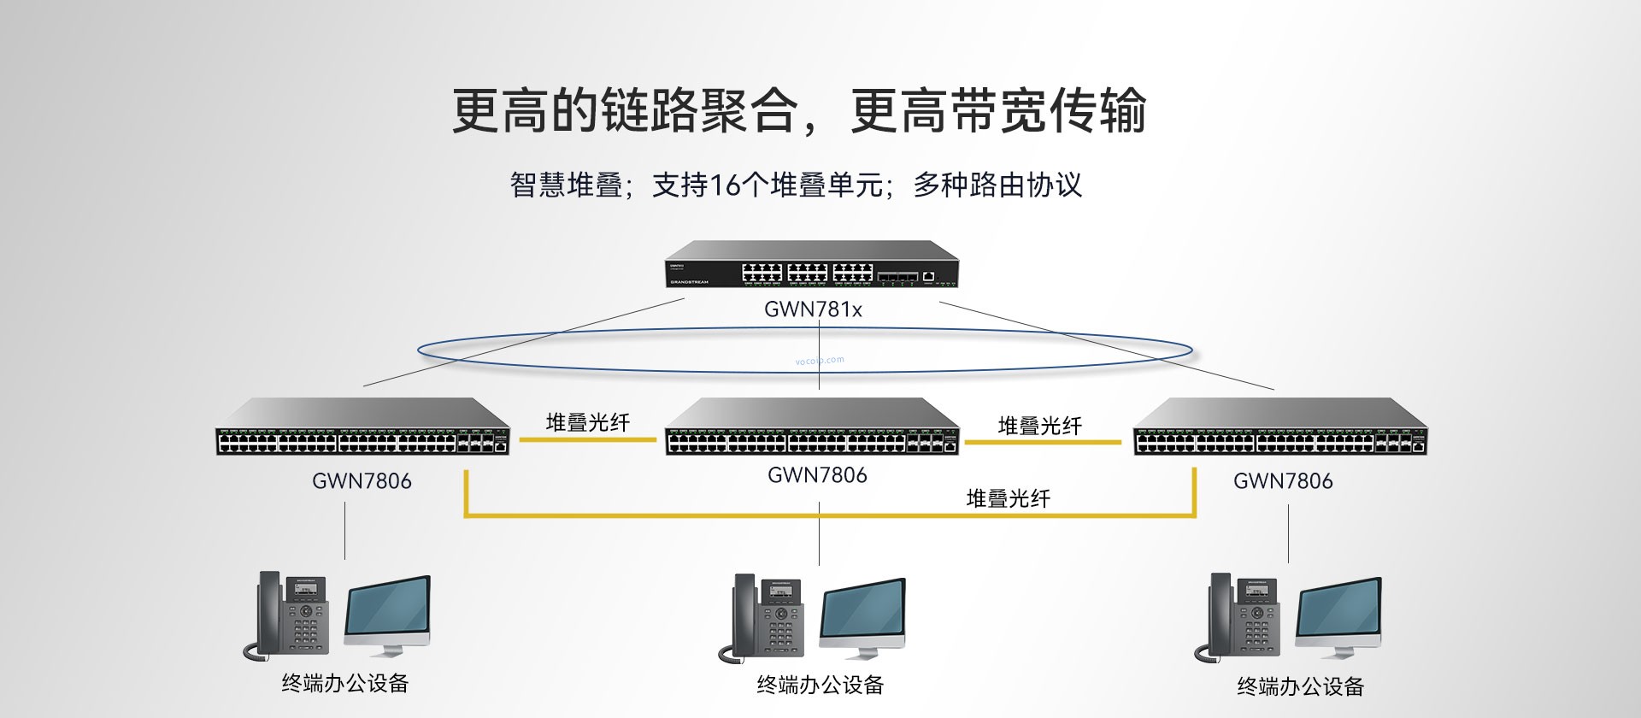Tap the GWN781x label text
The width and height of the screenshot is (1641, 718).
point(813,309)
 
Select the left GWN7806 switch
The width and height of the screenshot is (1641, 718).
point(363,427)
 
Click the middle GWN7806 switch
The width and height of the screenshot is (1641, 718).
point(812,427)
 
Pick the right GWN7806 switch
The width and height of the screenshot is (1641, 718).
point(1280,427)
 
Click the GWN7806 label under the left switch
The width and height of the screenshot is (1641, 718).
point(362,481)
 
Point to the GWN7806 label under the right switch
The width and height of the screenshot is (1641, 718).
point(1283,481)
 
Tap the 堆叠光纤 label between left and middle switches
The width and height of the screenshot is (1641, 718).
point(587,422)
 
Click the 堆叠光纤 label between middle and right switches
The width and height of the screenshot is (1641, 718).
point(1039,426)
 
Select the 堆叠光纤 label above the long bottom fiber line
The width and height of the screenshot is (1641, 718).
point(1008,498)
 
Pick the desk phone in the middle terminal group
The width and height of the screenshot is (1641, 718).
point(767,618)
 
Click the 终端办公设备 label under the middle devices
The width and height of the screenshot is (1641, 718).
point(820,685)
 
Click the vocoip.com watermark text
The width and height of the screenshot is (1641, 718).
point(820,361)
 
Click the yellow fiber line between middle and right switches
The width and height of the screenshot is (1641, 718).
point(1043,443)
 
